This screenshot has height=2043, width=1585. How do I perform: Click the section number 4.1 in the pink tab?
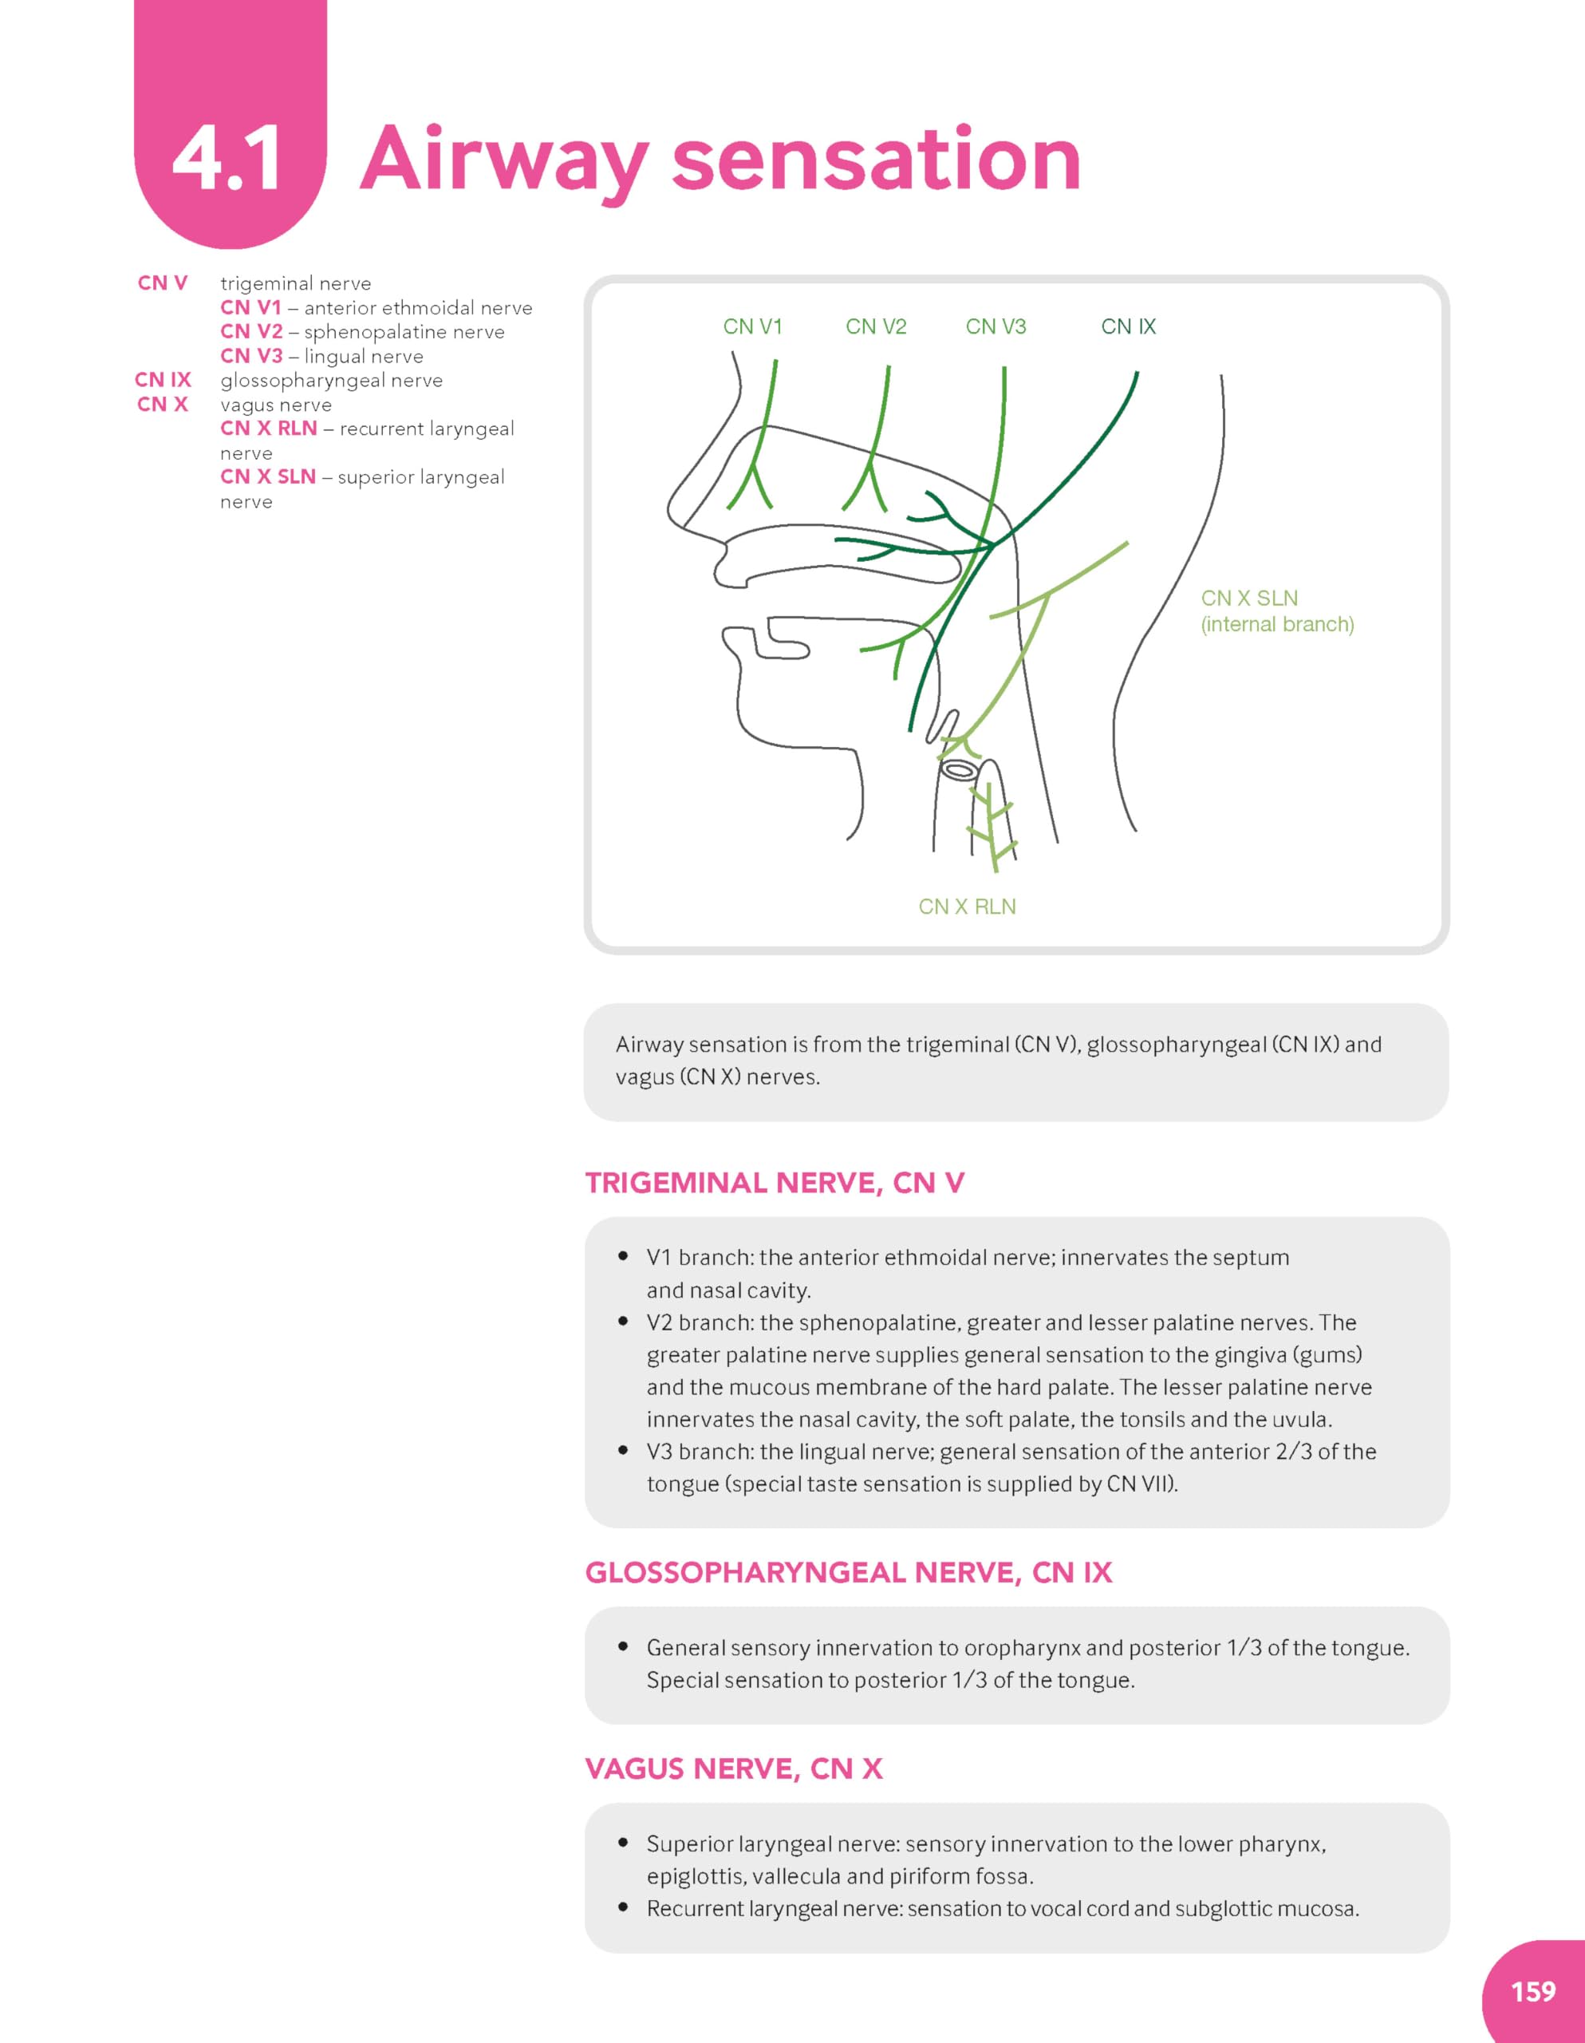227,159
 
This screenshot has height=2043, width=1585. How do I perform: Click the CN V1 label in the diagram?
752,326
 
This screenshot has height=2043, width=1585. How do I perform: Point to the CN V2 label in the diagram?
875,326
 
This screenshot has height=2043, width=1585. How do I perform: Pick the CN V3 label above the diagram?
995,326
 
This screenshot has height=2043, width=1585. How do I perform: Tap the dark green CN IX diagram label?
1128,326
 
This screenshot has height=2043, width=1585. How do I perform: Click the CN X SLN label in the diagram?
1248,598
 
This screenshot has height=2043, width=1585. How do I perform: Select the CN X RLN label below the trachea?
966,907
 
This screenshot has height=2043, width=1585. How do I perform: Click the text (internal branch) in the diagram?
1276,624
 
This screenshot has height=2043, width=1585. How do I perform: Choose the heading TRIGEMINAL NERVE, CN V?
775,1184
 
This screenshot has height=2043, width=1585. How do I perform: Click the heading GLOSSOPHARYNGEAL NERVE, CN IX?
848,1572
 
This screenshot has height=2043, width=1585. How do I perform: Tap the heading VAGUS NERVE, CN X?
733,1769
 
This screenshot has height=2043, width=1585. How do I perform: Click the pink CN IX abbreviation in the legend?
163,380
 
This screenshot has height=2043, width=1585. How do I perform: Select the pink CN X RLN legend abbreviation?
268,429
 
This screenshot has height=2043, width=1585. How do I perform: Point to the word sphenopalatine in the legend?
404,332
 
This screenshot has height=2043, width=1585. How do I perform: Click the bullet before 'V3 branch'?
623,1451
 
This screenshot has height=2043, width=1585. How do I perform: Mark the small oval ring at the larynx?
959,770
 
